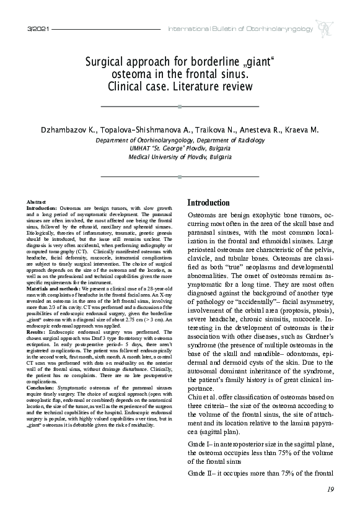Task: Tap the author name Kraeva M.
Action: (301, 131)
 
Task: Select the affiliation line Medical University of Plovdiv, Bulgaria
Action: (179, 157)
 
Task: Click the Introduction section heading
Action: (208, 202)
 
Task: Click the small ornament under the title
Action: (180, 107)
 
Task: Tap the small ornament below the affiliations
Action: (180, 177)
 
